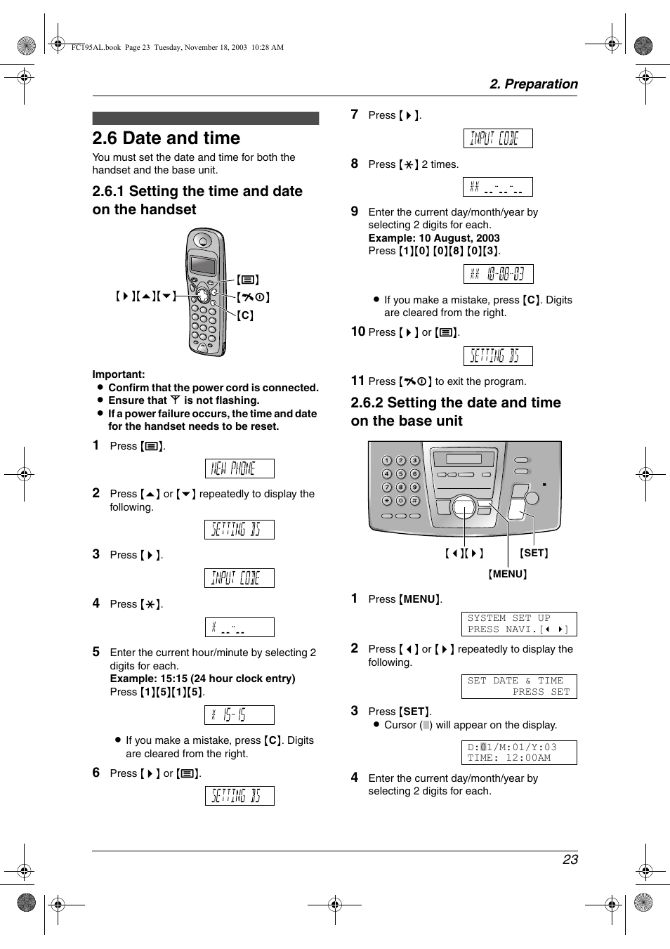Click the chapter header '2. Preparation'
533,84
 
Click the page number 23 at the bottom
570,859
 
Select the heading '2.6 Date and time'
166,138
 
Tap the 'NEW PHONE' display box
239,469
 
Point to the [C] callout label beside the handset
245,315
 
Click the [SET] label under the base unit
534,553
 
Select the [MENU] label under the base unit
508,574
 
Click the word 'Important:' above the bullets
119,374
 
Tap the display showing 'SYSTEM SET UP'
518,624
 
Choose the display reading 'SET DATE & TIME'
518,686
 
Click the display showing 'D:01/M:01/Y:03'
518,752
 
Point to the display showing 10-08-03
498,274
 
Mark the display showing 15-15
239,715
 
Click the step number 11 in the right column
357,381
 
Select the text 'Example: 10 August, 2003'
433,238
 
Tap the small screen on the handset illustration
203,265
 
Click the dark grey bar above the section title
205,118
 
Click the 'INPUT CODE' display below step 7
497,138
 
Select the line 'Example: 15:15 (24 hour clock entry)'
202,679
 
